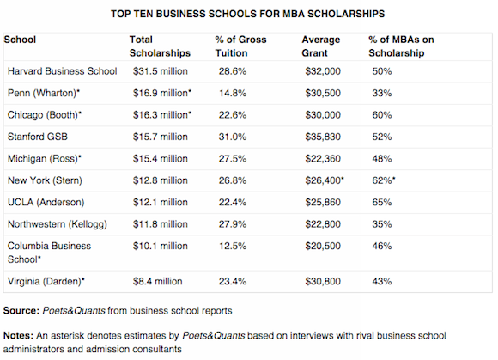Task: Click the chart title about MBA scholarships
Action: pyautogui.click(x=248, y=14)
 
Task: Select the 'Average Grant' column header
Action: pyautogui.click(x=321, y=46)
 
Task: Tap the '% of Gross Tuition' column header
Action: pyautogui.click(x=240, y=46)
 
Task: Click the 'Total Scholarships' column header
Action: pyautogui.click(x=160, y=46)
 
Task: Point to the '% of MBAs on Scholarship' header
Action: pyautogui.click(x=401, y=46)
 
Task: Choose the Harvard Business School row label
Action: pyautogui.click(x=62, y=71)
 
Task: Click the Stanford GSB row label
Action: pyautogui.click(x=38, y=137)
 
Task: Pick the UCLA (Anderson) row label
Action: pyautogui.click(x=46, y=203)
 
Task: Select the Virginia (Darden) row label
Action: pyautogui.click(x=46, y=282)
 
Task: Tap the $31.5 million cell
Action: pyautogui.click(x=160, y=71)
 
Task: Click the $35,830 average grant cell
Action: pyautogui.click(x=323, y=137)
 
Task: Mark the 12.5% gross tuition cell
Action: pyautogui.click(x=233, y=246)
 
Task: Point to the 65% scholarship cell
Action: pyautogui.click(x=382, y=203)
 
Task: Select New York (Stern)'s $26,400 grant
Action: pyautogui.click(x=325, y=180)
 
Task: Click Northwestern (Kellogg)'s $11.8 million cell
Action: pyautogui.click(x=160, y=224)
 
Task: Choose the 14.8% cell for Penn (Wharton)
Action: pyautogui.click(x=233, y=93)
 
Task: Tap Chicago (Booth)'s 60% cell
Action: pyautogui.click(x=382, y=115)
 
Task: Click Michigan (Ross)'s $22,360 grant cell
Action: pyautogui.click(x=323, y=159)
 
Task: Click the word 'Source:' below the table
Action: pyautogui.click(x=21, y=310)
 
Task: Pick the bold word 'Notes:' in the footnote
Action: pyautogui.click(x=18, y=336)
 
